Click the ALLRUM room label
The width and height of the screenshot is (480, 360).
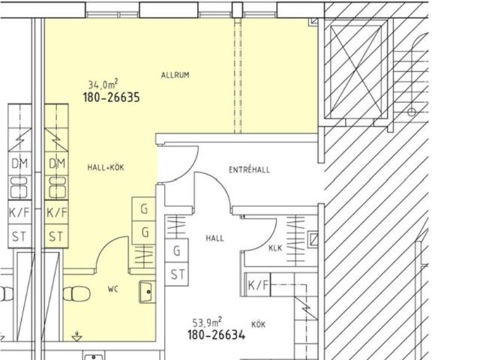175,75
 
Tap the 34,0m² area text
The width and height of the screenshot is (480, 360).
103,83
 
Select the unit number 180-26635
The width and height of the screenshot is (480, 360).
112,97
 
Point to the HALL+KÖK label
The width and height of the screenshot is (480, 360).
106,167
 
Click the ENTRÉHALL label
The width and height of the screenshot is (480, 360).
250,169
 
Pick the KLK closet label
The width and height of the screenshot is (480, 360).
275,247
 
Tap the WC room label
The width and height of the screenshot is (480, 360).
112,289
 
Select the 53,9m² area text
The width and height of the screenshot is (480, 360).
207,322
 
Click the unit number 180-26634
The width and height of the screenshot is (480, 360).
217,334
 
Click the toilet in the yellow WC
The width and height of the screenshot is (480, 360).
76,294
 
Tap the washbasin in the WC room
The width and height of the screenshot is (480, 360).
147,292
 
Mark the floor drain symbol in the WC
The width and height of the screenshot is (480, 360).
76,337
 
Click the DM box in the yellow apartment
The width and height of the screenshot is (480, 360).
56,163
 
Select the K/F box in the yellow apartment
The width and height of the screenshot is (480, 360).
56,212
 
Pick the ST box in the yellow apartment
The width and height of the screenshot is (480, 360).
56,236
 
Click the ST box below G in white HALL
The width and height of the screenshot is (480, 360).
177,274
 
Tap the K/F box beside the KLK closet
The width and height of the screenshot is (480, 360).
258,285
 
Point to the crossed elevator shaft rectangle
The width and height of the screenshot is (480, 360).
355,72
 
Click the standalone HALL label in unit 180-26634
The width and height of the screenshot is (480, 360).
214,238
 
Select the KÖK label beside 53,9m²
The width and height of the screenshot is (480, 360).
258,324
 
